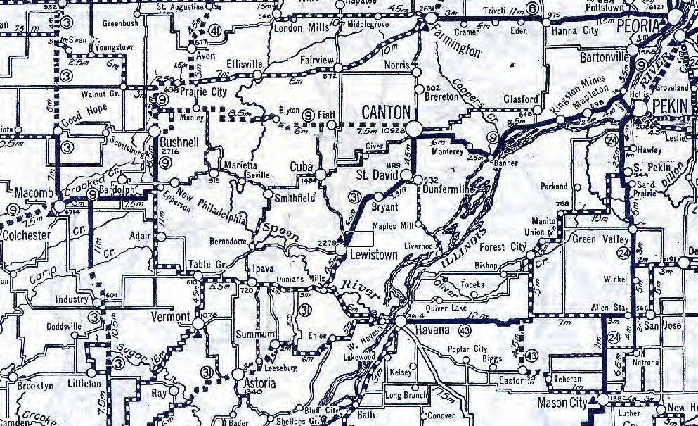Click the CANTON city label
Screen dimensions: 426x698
(x=385, y=111)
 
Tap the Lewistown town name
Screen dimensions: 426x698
(x=375, y=254)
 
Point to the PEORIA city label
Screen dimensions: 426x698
(x=636, y=25)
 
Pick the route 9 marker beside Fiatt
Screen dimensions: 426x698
(x=308, y=113)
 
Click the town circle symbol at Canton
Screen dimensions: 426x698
(x=415, y=127)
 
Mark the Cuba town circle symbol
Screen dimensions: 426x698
(x=321, y=174)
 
